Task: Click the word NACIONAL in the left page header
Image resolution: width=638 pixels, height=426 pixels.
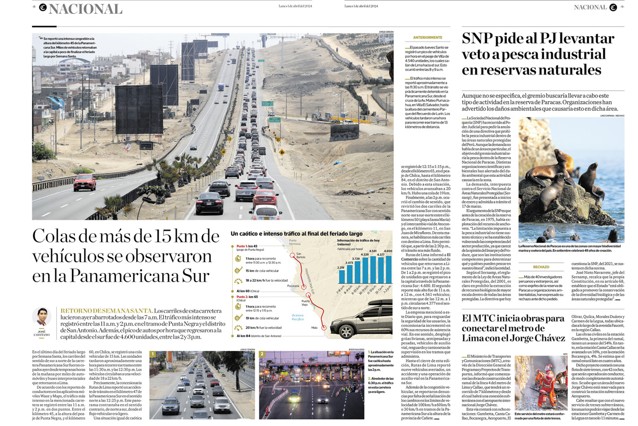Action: point(85,9)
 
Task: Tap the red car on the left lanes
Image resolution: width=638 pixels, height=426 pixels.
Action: point(85,183)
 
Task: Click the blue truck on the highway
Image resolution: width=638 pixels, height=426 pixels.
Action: point(220,87)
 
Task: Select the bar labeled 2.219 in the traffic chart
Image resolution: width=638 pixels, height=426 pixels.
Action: point(341,276)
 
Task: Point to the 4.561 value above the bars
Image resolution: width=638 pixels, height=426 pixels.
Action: point(373,251)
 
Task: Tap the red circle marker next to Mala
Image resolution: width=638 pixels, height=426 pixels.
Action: point(324,328)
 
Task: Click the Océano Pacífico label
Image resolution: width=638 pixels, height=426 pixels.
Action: point(298,317)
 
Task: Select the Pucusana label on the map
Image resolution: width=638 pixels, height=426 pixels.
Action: point(293,286)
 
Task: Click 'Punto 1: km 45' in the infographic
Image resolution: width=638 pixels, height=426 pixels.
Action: point(247,247)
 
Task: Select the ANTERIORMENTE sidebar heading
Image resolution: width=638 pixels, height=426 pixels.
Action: point(427,38)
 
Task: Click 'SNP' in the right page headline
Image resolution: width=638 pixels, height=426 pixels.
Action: point(481,39)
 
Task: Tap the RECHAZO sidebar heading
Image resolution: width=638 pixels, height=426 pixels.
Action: point(541,267)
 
